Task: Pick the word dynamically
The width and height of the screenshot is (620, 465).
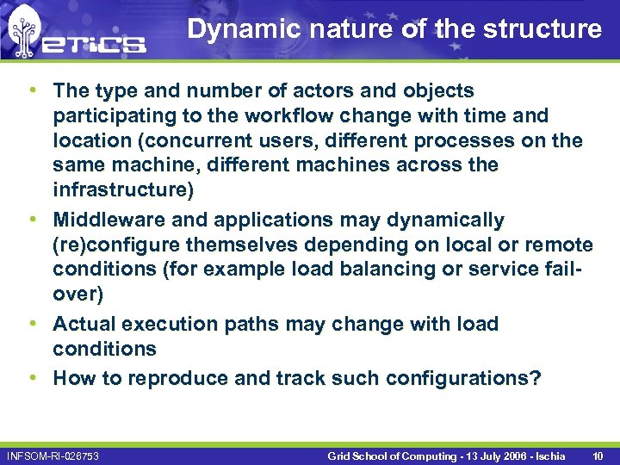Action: pyautogui.click(x=438, y=220)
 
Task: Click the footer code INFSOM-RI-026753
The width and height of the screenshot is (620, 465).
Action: pyautogui.click(x=53, y=455)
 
